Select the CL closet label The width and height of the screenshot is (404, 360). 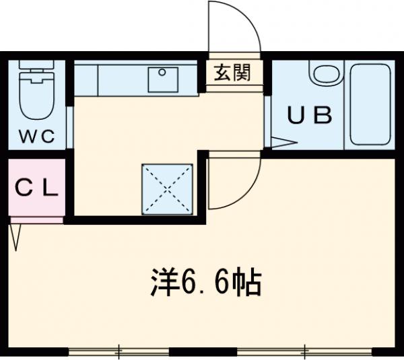[37, 188]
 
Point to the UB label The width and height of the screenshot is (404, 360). [310, 116]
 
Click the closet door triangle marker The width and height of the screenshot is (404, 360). [16, 235]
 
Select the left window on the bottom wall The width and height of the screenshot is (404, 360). [119, 351]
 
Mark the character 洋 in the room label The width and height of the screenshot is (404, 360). [161, 285]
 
